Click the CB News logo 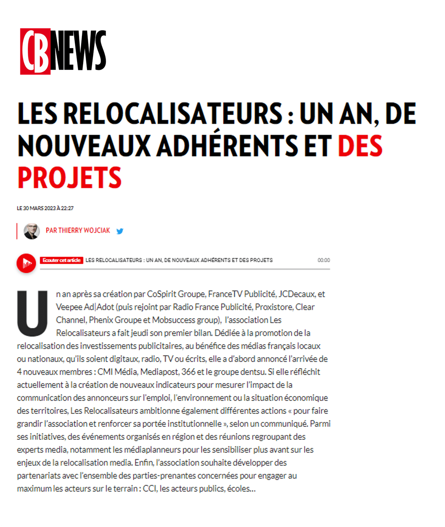click(x=63, y=51)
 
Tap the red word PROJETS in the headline click(x=70, y=178)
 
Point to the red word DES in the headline click(x=360, y=146)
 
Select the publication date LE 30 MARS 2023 click(x=45, y=208)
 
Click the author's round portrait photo click(x=32, y=231)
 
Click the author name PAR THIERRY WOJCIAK click(x=78, y=231)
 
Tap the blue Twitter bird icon click(x=120, y=231)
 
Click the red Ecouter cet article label click(x=62, y=260)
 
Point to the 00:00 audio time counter click(x=323, y=260)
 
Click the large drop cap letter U click(x=33, y=313)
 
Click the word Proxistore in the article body click(x=274, y=307)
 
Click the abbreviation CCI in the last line click(x=150, y=489)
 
